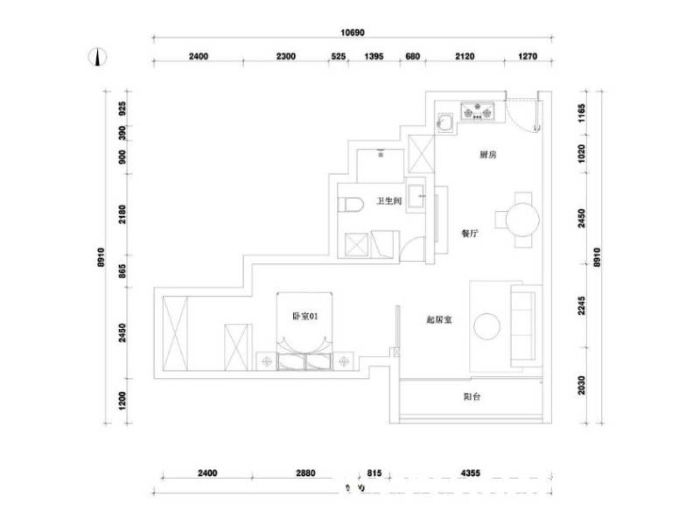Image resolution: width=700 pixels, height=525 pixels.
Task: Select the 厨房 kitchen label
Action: coord(488,155)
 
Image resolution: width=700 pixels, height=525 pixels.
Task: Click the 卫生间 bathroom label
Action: coord(388,201)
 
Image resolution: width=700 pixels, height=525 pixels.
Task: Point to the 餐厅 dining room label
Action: coord(471,234)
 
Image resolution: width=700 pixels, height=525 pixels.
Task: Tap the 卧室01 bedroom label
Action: coord(304,318)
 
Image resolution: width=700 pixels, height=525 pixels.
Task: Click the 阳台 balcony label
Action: coord(472,397)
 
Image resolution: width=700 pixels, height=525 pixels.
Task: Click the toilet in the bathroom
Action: coord(351,206)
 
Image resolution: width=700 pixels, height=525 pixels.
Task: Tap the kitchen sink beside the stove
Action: coord(444,121)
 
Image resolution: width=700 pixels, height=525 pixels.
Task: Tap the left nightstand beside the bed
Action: coord(266,360)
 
